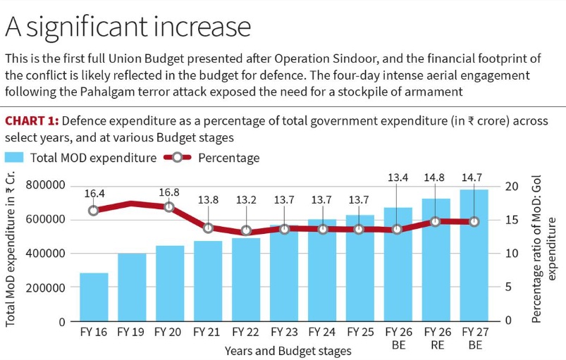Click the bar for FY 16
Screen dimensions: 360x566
[x=94, y=297]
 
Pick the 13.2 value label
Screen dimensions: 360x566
[x=246, y=200]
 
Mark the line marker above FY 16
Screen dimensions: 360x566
[x=94, y=210]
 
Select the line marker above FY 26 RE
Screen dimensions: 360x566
[x=436, y=221]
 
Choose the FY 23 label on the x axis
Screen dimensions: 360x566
[x=284, y=331]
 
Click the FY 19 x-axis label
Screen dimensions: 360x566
[x=132, y=331]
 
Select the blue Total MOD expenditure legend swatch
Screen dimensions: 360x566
[x=16, y=157]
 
